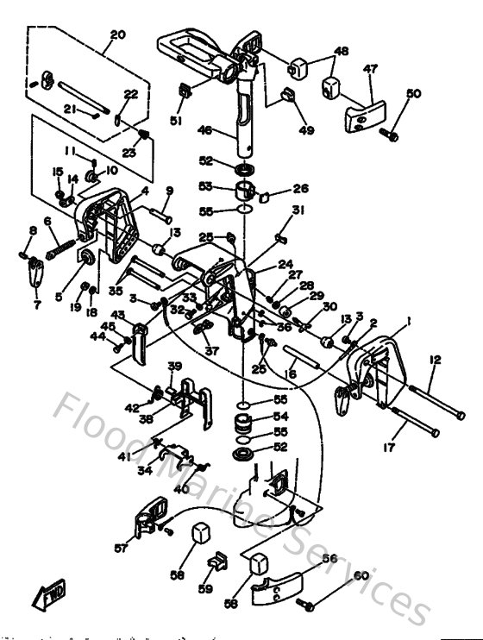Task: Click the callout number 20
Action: tap(118, 35)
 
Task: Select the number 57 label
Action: tap(120, 548)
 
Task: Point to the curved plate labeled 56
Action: tap(281, 589)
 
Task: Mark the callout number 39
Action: tap(173, 366)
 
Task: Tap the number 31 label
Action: tap(273, 210)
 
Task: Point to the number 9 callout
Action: tap(169, 190)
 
